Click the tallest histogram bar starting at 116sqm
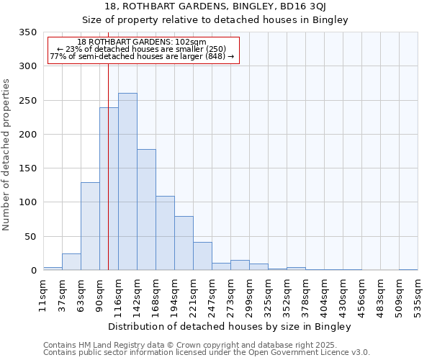[127, 181]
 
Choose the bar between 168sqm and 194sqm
[165, 233]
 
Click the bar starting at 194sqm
[184, 243]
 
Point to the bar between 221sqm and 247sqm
[202, 256]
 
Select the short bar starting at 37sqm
[71, 262]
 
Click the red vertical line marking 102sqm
[108, 144]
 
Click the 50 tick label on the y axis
[30, 237]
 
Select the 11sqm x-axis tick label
[43, 295]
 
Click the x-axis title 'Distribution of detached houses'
[230, 327]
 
